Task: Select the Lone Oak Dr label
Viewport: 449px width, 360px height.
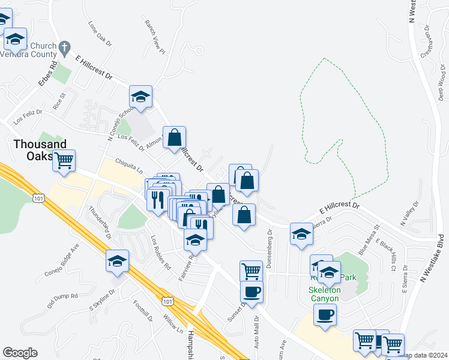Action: click(100, 34)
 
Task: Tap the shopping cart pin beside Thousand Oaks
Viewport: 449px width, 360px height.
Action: click(64, 160)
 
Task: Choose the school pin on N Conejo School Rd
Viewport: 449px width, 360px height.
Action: click(140, 97)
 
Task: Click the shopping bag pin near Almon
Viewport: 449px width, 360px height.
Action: click(174, 138)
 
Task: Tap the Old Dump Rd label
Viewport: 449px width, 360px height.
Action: click(63, 296)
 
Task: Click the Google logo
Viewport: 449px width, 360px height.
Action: click(20, 353)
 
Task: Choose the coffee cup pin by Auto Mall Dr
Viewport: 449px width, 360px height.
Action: click(252, 292)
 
